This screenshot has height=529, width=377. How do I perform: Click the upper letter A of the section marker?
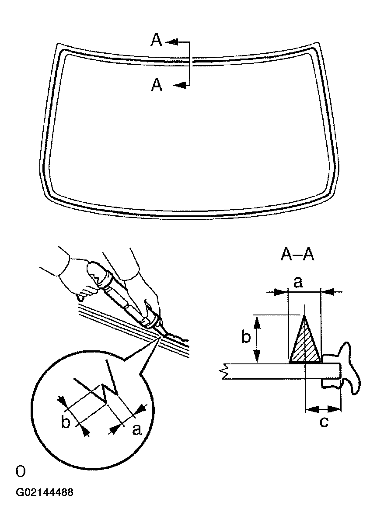(x=157, y=40)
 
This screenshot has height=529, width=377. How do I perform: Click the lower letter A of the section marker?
(x=157, y=85)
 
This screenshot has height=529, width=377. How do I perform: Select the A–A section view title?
(x=297, y=255)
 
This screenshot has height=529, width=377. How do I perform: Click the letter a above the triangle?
(x=298, y=282)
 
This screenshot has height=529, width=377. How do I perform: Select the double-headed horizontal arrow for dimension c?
(x=323, y=408)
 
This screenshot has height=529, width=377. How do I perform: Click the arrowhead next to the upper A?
(x=171, y=42)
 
